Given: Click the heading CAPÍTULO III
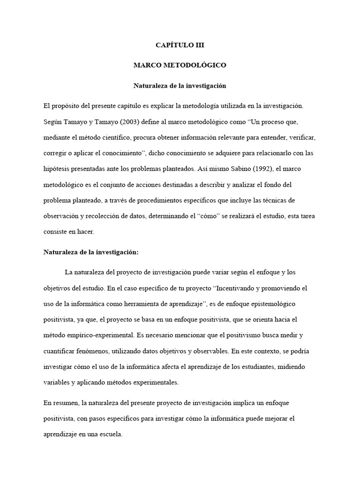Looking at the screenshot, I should coord(180,45).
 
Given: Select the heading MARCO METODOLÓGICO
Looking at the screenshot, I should coord(180,65).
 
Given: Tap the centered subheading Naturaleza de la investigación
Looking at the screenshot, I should coord(180,86).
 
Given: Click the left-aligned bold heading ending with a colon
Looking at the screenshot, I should coord(91,252).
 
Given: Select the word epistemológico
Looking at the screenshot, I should coord(269,304).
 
